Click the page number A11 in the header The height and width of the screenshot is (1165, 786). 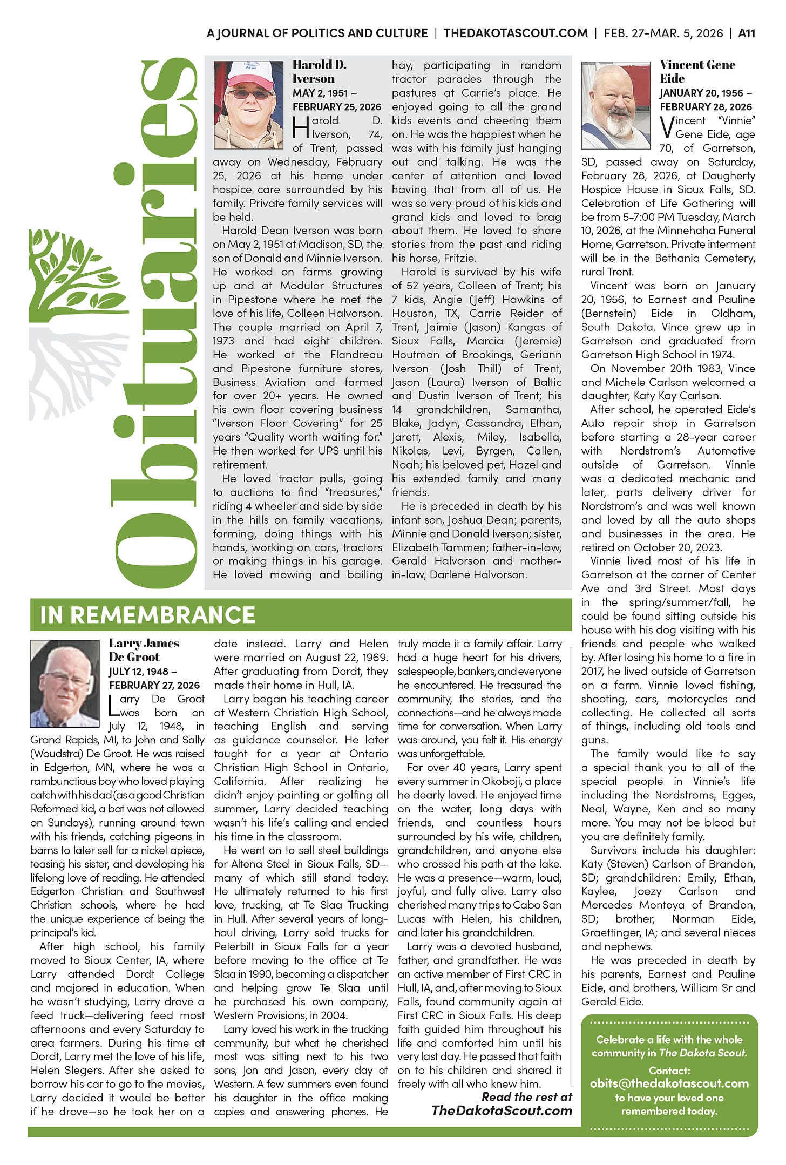[x=746, y=33]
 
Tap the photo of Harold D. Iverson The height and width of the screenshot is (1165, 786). [x=248, y=105]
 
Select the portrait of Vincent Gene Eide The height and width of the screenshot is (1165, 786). [x=615, y=105]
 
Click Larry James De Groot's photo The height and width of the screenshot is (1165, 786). [x=65, y=683]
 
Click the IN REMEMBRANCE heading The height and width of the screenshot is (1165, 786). [x=147, y=615]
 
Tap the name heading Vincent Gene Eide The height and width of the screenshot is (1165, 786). [x=697, y=71]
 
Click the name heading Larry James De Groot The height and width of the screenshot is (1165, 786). [x=144, y=650]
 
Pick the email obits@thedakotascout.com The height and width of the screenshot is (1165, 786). [x=669, y=1083]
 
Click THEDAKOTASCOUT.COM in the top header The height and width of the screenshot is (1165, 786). [x=515, y=33]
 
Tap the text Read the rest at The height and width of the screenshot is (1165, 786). [x=526, y=1096]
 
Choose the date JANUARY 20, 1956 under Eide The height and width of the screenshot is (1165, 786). [x=701, y=93]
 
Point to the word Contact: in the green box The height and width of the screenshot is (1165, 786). [x=669, y=1070]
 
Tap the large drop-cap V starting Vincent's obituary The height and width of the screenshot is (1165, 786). [x=667, y=127]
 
